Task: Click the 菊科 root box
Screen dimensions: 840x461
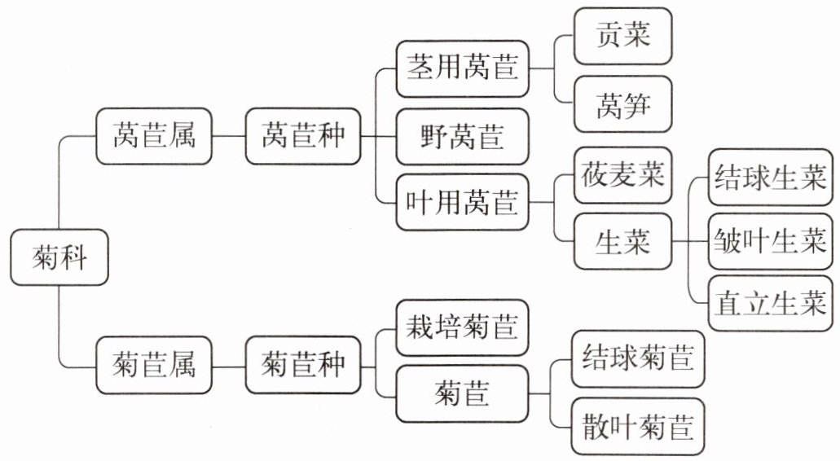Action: click(x=59, y=257)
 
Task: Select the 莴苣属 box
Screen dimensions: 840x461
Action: click(x=154, y=136)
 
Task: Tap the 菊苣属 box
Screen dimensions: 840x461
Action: click(x=154, y=365)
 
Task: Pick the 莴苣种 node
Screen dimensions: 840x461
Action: click(x=303, y=136)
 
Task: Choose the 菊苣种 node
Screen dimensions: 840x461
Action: click(x=303, y=365)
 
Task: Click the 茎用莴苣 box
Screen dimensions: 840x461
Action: click(x=462, y=68)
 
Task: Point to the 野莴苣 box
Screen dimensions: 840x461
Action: click(x=462, y=137)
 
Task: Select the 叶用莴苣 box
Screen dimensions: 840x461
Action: click(x=462, y=202)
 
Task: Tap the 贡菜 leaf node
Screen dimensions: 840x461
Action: click(x=622, y=36)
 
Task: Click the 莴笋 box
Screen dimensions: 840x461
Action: click(x=622, y=104)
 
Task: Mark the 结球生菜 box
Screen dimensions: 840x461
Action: click(x=771, y=178)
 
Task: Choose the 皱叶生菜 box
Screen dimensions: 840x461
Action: click(x=771, y=241)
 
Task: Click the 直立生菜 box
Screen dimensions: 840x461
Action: click(x=771, y=303)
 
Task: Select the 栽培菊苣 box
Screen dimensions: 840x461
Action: click(x=462, y=327)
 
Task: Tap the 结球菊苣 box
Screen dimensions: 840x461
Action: click(x=637, y=358)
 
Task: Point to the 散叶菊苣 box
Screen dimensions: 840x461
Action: click(x=637, y=427)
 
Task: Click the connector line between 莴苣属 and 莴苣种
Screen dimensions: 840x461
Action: click(x=229, y=136)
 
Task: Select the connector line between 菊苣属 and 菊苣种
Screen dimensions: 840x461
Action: click(x=229, y=367)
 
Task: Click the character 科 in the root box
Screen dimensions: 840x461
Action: click(x=73, y=257)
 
